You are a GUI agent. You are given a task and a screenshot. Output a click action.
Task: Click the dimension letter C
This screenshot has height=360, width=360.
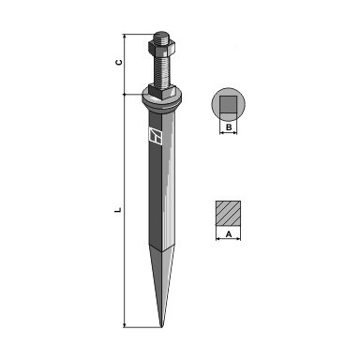coord(118,63)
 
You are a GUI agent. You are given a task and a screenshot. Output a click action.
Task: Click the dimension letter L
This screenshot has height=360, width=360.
coord(118,210)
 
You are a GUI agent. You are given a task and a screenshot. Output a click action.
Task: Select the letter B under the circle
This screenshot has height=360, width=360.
coord(229,127)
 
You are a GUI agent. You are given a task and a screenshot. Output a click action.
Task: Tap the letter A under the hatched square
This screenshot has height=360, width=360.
coord(229,233)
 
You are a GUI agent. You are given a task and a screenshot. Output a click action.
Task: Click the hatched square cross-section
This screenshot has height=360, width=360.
coord(228,213)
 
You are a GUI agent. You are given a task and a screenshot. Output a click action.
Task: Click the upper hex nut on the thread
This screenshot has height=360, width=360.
coord(162,47)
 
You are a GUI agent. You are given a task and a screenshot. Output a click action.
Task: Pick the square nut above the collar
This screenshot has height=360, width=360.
coord(162,91)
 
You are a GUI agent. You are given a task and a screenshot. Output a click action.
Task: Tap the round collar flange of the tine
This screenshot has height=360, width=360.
coord(162,99)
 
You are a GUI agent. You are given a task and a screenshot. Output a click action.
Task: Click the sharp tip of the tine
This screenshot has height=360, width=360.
coord(161,327)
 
